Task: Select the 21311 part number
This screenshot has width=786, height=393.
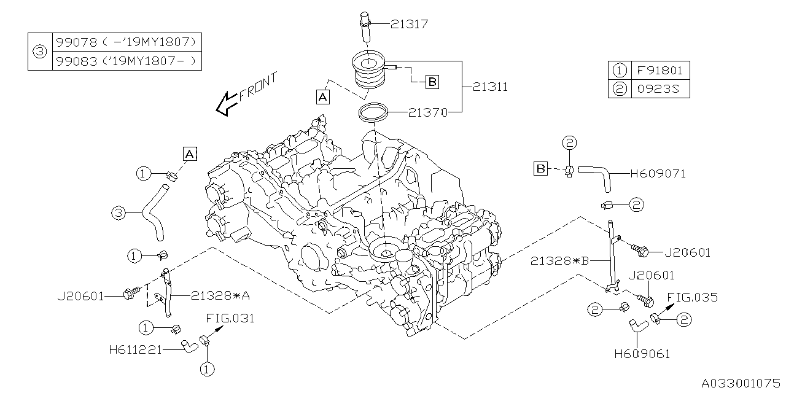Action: click(490, 87)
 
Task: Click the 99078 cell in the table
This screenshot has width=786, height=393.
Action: click(126, 42)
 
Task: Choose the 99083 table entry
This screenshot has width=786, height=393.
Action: click(126, 61)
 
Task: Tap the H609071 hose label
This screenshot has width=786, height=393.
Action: click(657, 174)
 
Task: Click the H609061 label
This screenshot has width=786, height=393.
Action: click(642, 354)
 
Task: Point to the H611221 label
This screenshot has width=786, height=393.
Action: click(135, 350)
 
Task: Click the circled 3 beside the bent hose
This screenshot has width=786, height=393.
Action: click(119, 213)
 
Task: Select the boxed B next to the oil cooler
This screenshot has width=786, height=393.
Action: click(432, 81)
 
